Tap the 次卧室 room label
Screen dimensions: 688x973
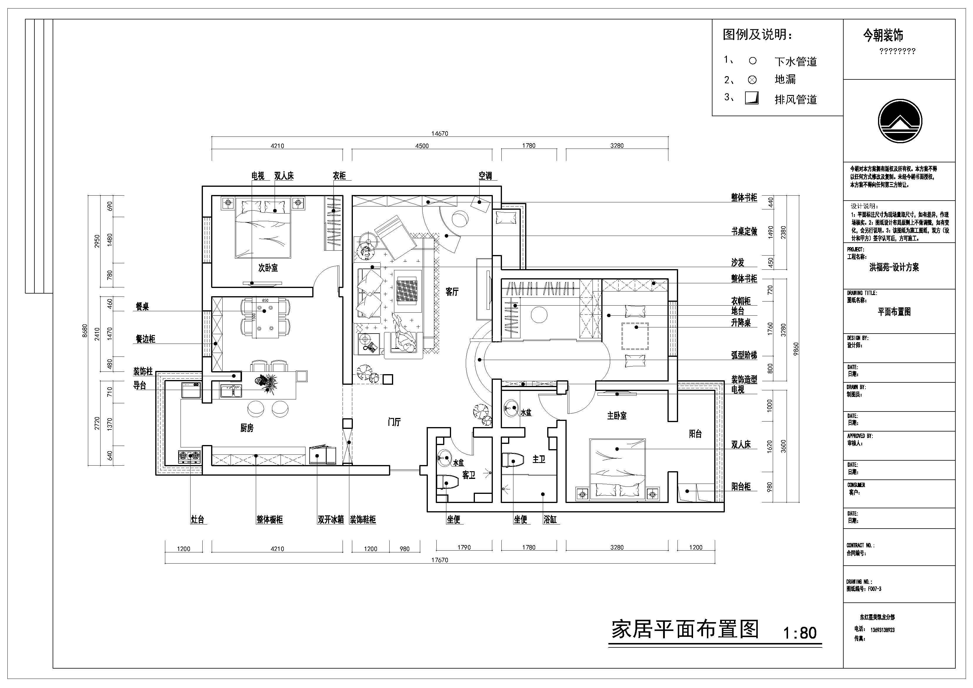268,268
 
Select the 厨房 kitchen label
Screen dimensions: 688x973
247,428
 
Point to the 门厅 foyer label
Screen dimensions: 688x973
394,422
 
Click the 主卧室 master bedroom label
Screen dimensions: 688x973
617,416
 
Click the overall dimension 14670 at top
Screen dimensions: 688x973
440,134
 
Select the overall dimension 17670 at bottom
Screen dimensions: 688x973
440,560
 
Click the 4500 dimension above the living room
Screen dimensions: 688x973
422,146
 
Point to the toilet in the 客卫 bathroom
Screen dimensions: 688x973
448,482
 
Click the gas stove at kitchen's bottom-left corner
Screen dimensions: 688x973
189,456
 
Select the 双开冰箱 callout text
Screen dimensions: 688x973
331,520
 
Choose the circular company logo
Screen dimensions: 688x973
899,121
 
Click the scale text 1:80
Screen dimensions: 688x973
799,633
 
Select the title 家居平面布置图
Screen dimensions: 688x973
685,630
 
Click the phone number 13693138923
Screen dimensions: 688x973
882,630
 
